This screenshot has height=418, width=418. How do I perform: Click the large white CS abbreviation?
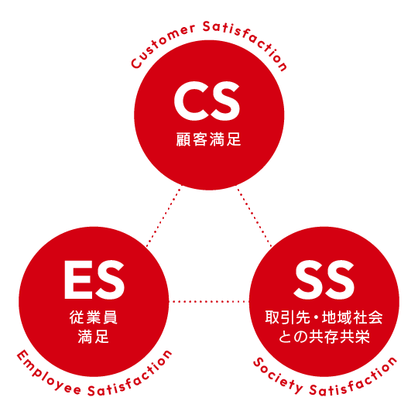tap(207, 101)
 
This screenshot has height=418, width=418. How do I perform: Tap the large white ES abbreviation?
tap(94, 280)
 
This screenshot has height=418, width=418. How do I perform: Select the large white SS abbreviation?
tap(324, 280)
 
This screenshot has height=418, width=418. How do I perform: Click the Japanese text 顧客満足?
tap(208, 139)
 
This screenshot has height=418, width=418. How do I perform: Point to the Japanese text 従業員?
tap(94, 317)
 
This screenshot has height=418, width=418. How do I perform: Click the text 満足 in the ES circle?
tap(94, 337)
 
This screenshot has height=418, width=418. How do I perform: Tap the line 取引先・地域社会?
tap(324, 317)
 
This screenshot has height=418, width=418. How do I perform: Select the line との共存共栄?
tap(324, 337)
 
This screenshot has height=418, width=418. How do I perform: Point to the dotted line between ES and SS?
tap(209, 302)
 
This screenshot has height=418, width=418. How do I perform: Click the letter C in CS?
tap(190, 101)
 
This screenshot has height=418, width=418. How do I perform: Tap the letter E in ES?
tap(78, 280)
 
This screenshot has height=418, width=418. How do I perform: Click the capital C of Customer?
tap(136, 63)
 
